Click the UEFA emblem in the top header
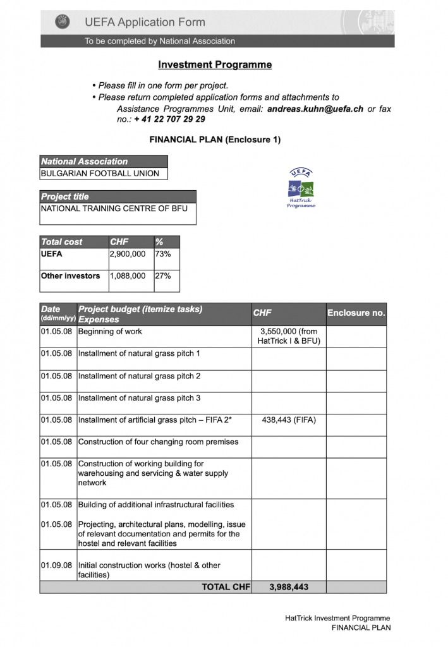tap(62, 22)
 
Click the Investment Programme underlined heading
tap(215, 64)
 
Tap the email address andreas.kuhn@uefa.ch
tap(315, 109)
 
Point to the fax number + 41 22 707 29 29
tap(169, 119)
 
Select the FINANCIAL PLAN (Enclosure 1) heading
tap(215, 140)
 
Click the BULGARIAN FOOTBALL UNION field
tap(100, 173)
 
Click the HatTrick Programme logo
tap(301, 189)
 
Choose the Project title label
tap(65, 197)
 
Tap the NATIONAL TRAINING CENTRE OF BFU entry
tap(114, 209)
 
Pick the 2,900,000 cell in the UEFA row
tap(128, 254)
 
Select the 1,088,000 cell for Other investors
tap(128, 276)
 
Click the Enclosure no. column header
tap(356, 313)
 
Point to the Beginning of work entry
tap(110, 332)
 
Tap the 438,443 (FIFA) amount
tap(289, 420)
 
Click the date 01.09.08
tap(57, 565)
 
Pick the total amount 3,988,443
tap(289, 587)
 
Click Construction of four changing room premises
tap(158, 442)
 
